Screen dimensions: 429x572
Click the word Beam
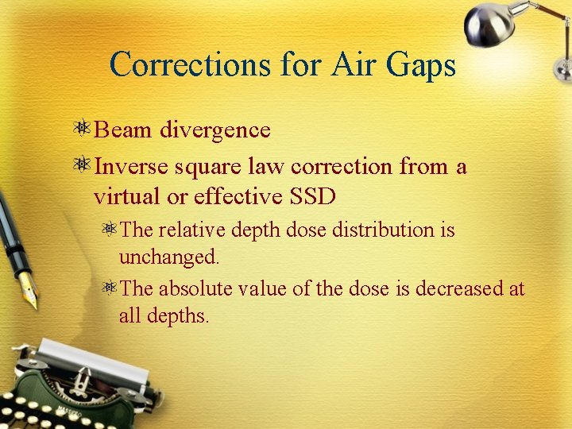point(124,129)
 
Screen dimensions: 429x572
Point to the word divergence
point(215,129)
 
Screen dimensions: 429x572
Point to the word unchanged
point(168,257)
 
